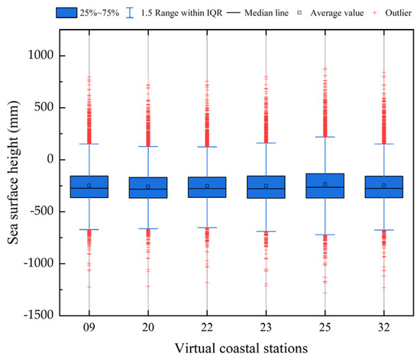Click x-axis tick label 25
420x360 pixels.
tap(325, 327)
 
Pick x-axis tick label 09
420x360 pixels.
tap(89, 327)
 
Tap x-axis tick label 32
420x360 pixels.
tap(383, 327)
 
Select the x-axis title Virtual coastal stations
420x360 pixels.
tap(237, 348)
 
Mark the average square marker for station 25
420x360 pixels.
tap(325, 184)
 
